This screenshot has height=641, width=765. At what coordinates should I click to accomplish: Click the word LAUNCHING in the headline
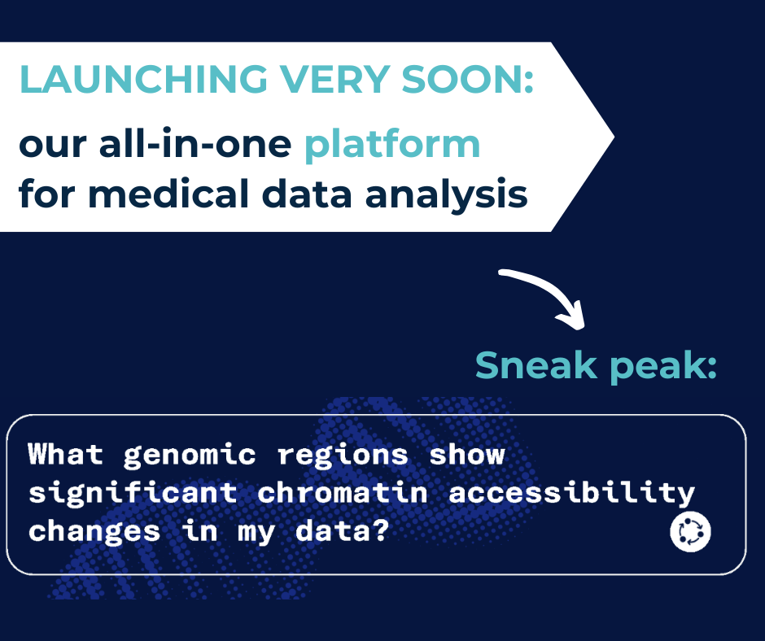(x=144, y=79)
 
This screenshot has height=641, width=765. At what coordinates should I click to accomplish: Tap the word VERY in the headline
(x=334, y=79)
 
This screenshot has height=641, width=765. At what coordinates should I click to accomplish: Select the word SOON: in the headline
(x=467, y=79)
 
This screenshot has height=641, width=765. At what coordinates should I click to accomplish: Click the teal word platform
(x=392, y=146)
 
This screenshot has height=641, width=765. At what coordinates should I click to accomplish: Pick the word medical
(x=169, y=193)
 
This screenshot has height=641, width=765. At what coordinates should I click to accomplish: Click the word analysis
(x=446, y=196)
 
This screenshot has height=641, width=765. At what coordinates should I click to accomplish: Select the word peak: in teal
(x=663, y=367)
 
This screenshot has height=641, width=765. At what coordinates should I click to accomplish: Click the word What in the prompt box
(x=65, y=454)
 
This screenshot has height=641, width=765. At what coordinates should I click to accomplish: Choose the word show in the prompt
(x=467, y=454)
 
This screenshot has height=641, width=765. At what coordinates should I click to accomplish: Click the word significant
(x=133, y=493)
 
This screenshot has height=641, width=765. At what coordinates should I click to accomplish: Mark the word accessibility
(x=571, y=493)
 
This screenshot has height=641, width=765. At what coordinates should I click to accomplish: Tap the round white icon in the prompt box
(x=690, y=531)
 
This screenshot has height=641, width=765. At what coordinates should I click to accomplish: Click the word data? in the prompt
(x=342, y=530)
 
